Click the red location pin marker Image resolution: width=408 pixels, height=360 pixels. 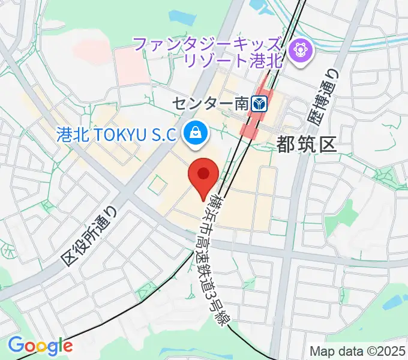[203, 175]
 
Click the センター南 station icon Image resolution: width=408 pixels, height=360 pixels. [259, 104]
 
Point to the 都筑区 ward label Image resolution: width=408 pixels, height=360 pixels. [307, 144]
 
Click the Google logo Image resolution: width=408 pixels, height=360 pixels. [40, 346]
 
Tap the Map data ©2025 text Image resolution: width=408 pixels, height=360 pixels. [358, 350]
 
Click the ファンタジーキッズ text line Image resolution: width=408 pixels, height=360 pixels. [207, 43]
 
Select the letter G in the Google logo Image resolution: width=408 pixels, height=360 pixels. [16, 346]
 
